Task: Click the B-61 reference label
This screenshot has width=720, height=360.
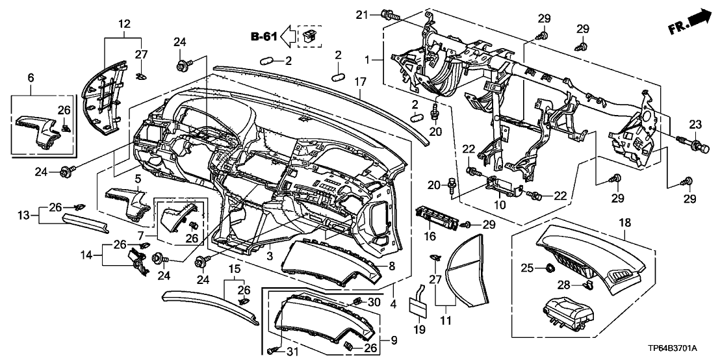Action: (x=264, y=37)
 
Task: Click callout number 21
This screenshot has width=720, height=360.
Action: (x=363, y=15)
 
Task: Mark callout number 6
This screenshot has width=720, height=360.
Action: (x=30, y=77)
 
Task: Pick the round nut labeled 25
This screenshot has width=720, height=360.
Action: (x=549, y=267)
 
